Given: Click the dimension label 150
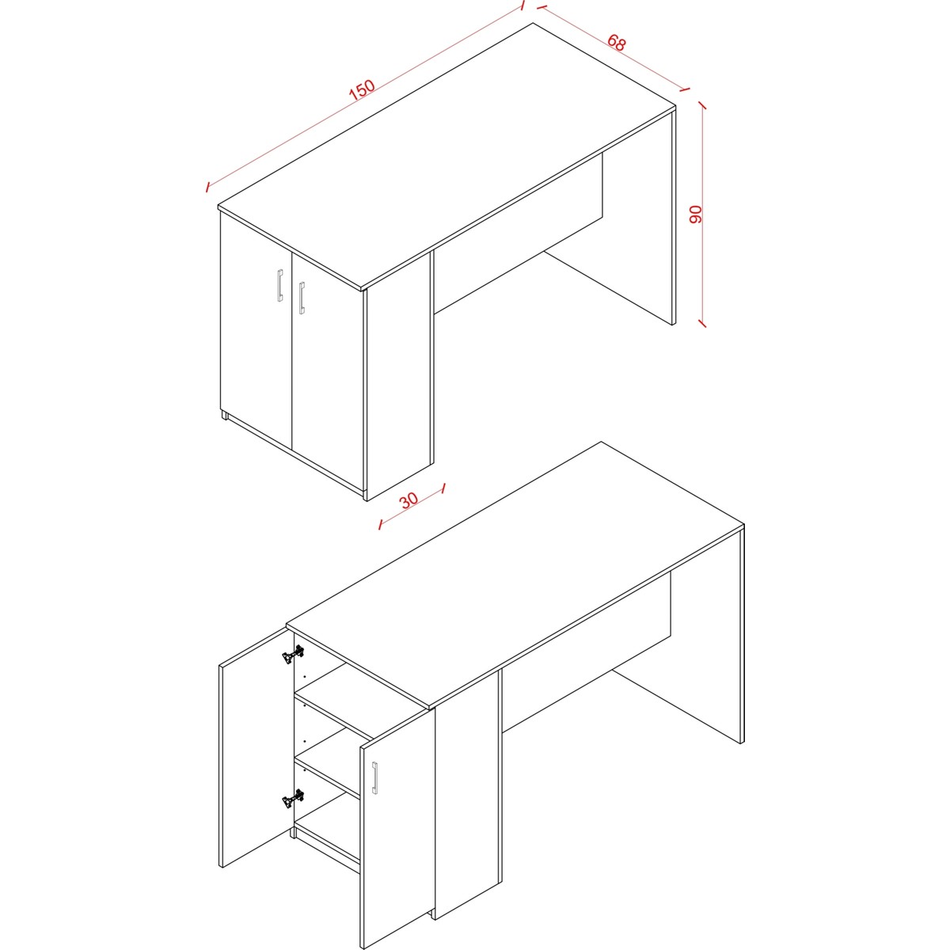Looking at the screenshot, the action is pyautogui.click(x=363, y=89).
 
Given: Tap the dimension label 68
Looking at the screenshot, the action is pyautogui.click(x=616, y=43).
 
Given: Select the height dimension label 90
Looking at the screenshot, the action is pyautogui.click(x=695, y=215).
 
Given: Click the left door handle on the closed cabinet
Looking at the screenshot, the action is pyautogui.click(x=280, y=286).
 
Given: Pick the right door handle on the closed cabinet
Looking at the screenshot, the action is pyautogui.click(x=302, y=298).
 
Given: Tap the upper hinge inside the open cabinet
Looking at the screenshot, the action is pyautogui.click(x=293, y=654).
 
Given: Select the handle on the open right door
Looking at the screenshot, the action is pyautogui.click(x=375, y=778).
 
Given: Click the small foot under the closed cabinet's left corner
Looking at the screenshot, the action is pyautogui.click(x=225, y=416).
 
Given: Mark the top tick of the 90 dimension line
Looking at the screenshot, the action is pyautogui.click(x=702, y=105).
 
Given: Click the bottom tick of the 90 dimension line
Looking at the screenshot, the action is pyautogui.click(x=702, y=323).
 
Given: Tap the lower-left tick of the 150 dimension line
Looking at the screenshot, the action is pyautogui.click(x=208, y=187).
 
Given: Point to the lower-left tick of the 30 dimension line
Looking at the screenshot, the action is pyautogui.click(x=380, y=525).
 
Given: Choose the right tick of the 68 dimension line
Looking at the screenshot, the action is pyautogui.click(x=685, y=89).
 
